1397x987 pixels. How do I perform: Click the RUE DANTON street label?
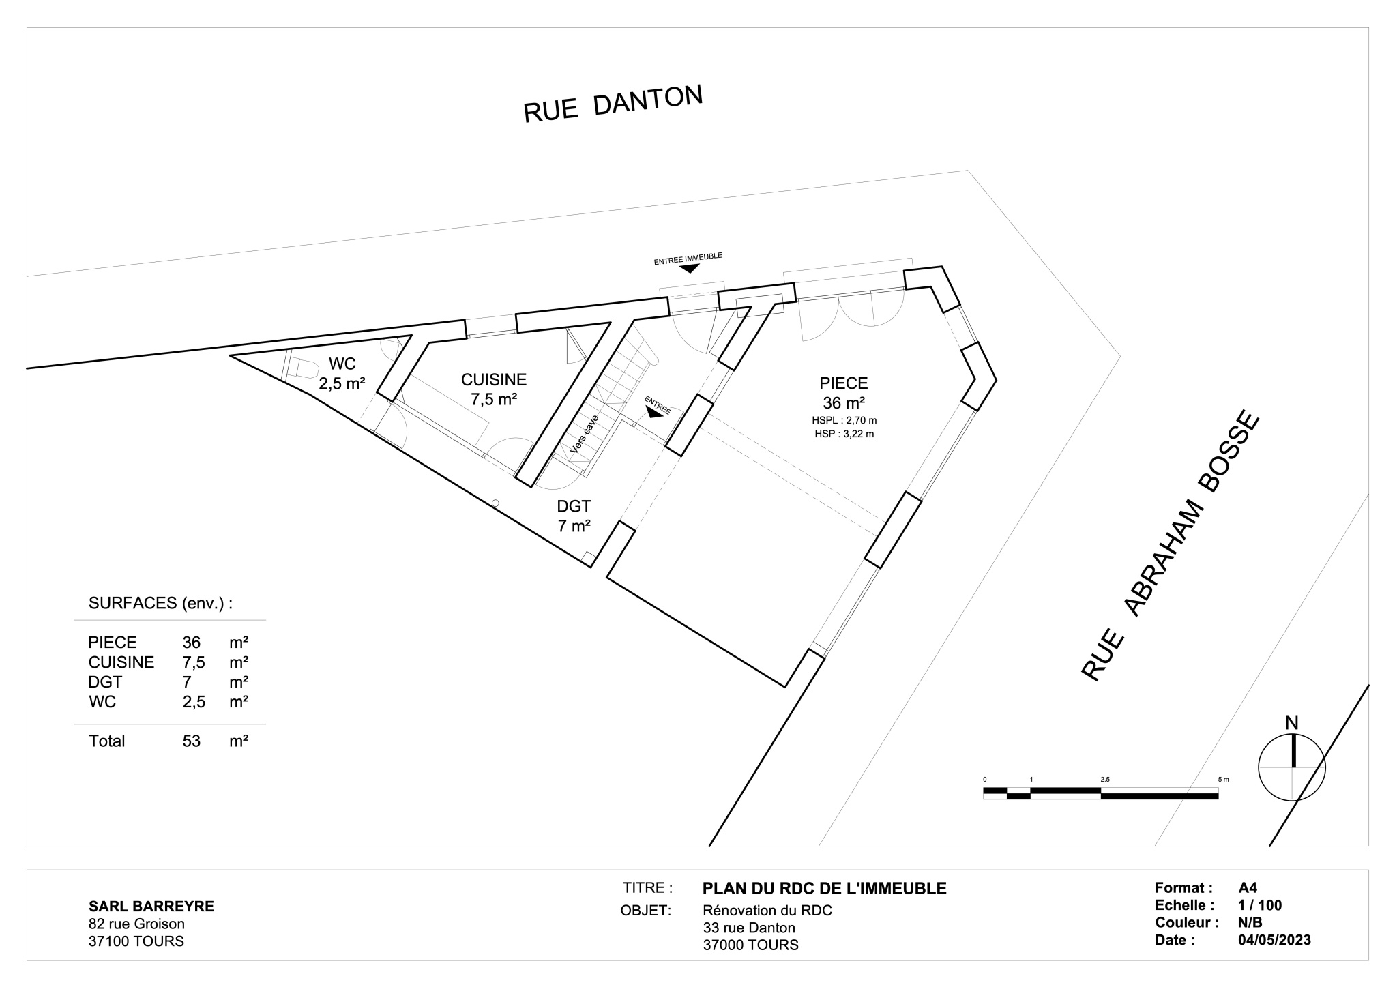pyautogui.click(x=613, y=104)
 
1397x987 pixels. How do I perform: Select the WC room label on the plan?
pyautogui.click(x=342, y=364)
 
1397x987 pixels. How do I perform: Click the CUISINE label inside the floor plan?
pyautogui.click(x=494, y=380)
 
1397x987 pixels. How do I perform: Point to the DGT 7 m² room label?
pyautogui.click(x=574, y=507)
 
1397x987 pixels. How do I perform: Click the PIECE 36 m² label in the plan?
pyautogui.click(x=844, y=383)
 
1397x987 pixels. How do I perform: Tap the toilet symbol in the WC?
pyautogui.click(x=301, y=368)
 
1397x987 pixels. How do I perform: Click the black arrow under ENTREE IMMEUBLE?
pyautogui.click(x=689, y=268)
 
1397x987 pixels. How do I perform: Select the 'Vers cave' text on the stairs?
pyautogui.click(x=585, y=434)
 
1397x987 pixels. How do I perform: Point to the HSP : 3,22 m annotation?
pyautogui.click(x=844, y=434)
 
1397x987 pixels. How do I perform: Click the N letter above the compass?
pyautogui.click(x=1291, y=723)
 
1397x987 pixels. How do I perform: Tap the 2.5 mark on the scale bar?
pyautogui.click(x=1104, y=779)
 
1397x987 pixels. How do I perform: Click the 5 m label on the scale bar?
pyautogui.click(x=1222, y=779)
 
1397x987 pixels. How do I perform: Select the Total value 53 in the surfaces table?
pyautogui.click(x=192, y=741)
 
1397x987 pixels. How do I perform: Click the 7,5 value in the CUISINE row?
pyautogui.click(x=194, y=662)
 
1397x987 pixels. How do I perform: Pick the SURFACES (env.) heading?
pyautogui.click(x=160, y=603)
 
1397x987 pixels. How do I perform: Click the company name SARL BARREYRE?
pyautogui.click(x=151, y=906)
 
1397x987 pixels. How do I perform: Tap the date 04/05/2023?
pyautogui.click(x=1274, y=940)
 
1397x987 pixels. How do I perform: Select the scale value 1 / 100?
pyautogui.click(x=1260, y=905)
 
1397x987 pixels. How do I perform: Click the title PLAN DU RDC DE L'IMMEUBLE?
pyautogui.click(x=824, y=888)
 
